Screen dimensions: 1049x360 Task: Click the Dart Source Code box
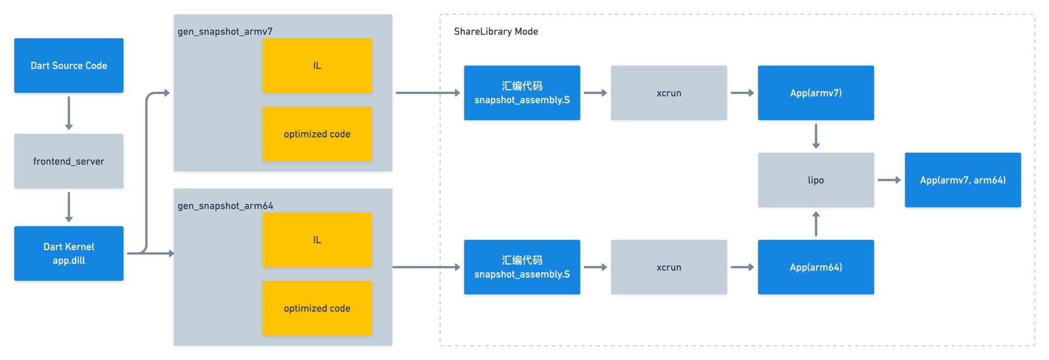(69, 66)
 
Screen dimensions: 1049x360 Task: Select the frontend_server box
(69, 161)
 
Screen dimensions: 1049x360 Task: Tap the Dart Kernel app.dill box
(69, 253)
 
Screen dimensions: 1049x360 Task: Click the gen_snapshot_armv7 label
(225, 32)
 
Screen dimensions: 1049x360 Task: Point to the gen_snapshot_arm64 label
(226, 206)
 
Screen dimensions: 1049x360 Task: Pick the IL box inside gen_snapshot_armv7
(317, 66)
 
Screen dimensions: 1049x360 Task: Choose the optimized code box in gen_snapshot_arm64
(317, 308)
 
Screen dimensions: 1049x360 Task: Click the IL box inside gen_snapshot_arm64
(317, 240)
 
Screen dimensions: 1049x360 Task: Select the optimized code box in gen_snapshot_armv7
(317, 134)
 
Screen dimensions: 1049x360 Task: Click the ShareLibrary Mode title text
(496, 32)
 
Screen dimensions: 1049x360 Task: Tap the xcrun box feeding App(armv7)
(669, 93)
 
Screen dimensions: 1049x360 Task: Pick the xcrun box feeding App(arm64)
(669, 267)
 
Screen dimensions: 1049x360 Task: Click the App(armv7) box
(816, 93)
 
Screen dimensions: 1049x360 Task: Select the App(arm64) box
(816, 267)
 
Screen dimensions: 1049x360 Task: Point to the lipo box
(816, 180)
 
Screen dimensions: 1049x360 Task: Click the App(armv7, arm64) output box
(963, 180)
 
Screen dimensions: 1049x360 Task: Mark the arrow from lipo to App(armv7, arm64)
(889, 180)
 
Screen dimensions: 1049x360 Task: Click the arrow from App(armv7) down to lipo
(816, 137)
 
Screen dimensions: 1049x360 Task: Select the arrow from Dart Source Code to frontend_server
(69, 113)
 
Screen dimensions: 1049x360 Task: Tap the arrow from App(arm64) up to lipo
(816, 224)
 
